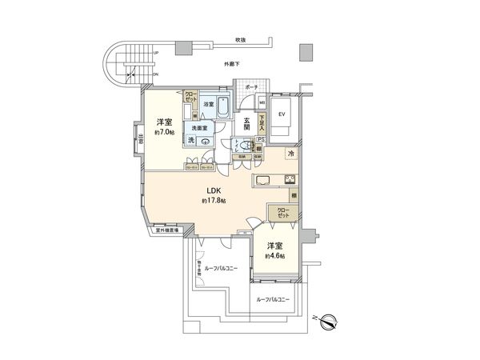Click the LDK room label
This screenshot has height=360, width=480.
click(x=214, y=190)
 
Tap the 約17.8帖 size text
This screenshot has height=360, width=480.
click(x=214, y=201)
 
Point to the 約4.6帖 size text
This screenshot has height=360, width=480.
click(x=275, y=256)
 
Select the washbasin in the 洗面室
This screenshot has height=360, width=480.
click(x=206, y=142)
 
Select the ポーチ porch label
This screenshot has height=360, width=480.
click(x=250, y=87)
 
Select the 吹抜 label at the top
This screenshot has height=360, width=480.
click(x=238, y=39)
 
